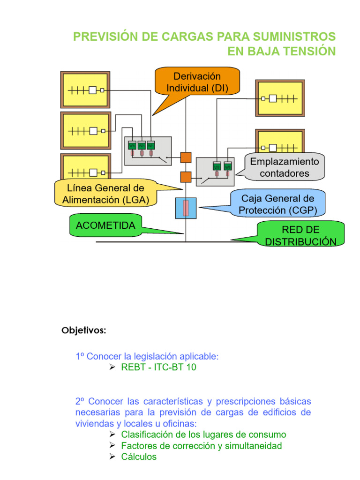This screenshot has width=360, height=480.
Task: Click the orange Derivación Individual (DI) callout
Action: pos(197,82)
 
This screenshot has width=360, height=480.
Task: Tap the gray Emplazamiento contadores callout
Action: pos(285,167)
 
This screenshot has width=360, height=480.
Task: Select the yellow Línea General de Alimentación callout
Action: pos(105,194)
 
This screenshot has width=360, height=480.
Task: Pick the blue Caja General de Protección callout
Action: pos(276,204)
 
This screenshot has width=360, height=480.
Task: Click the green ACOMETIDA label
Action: pos(105,225)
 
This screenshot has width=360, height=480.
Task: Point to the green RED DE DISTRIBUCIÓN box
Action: pos(300,235)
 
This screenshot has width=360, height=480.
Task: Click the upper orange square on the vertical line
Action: pos(186,157)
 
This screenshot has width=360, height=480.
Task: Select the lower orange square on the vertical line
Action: pos(186,177)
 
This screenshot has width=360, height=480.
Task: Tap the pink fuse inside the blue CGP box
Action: pos(186,208)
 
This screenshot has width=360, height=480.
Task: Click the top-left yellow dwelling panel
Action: pos(85,90)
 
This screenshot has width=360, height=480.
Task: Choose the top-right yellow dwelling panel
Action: pos(279,98)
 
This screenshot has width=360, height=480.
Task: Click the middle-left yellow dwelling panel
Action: pos(85,131)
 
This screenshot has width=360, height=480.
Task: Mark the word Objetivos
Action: pos(84,330)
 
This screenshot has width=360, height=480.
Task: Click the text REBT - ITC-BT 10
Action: pos(158,367)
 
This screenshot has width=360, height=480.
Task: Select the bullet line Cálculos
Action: pos(139,457)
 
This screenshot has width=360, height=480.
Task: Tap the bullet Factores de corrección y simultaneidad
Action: pos(201,445)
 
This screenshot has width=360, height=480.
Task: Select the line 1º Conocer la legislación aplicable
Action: pos(147,356)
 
